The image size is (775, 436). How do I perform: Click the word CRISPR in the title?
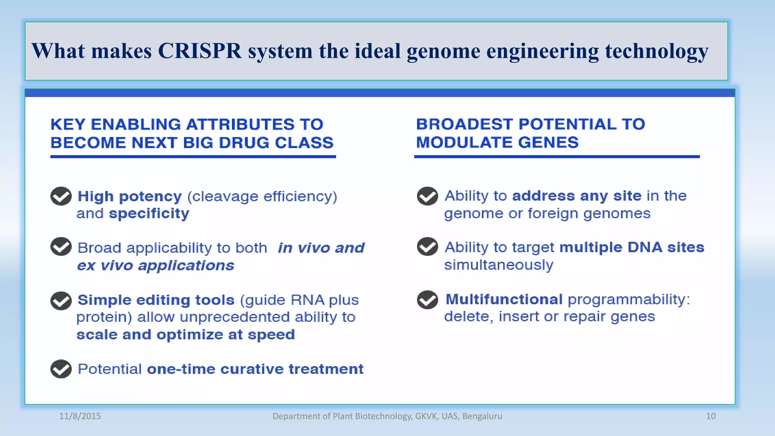point(199,51)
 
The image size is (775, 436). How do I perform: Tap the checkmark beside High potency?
point(61,196)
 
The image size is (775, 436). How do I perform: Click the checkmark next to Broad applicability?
point(61,247)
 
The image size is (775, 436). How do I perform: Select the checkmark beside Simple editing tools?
point(61,301)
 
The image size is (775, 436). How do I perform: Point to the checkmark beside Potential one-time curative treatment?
point(61,369)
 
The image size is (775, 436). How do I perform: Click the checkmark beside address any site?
point(427,196)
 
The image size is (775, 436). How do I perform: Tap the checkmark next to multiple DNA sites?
point(427,247)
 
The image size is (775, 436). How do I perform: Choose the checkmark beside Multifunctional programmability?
point(427,300)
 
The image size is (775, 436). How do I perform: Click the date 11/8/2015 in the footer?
point(80,416)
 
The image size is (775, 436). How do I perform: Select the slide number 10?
point(711,416)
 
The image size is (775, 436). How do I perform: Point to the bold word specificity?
point(149,214)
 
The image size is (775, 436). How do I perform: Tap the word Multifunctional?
point(504,299)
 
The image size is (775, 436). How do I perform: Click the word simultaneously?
point(498,265)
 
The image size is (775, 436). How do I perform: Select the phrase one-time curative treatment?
point(255,369)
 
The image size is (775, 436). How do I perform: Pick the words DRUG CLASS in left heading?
point(276,143)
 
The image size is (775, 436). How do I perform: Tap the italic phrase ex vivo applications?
point(156,266)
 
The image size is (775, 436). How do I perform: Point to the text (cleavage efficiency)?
point(262,196)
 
